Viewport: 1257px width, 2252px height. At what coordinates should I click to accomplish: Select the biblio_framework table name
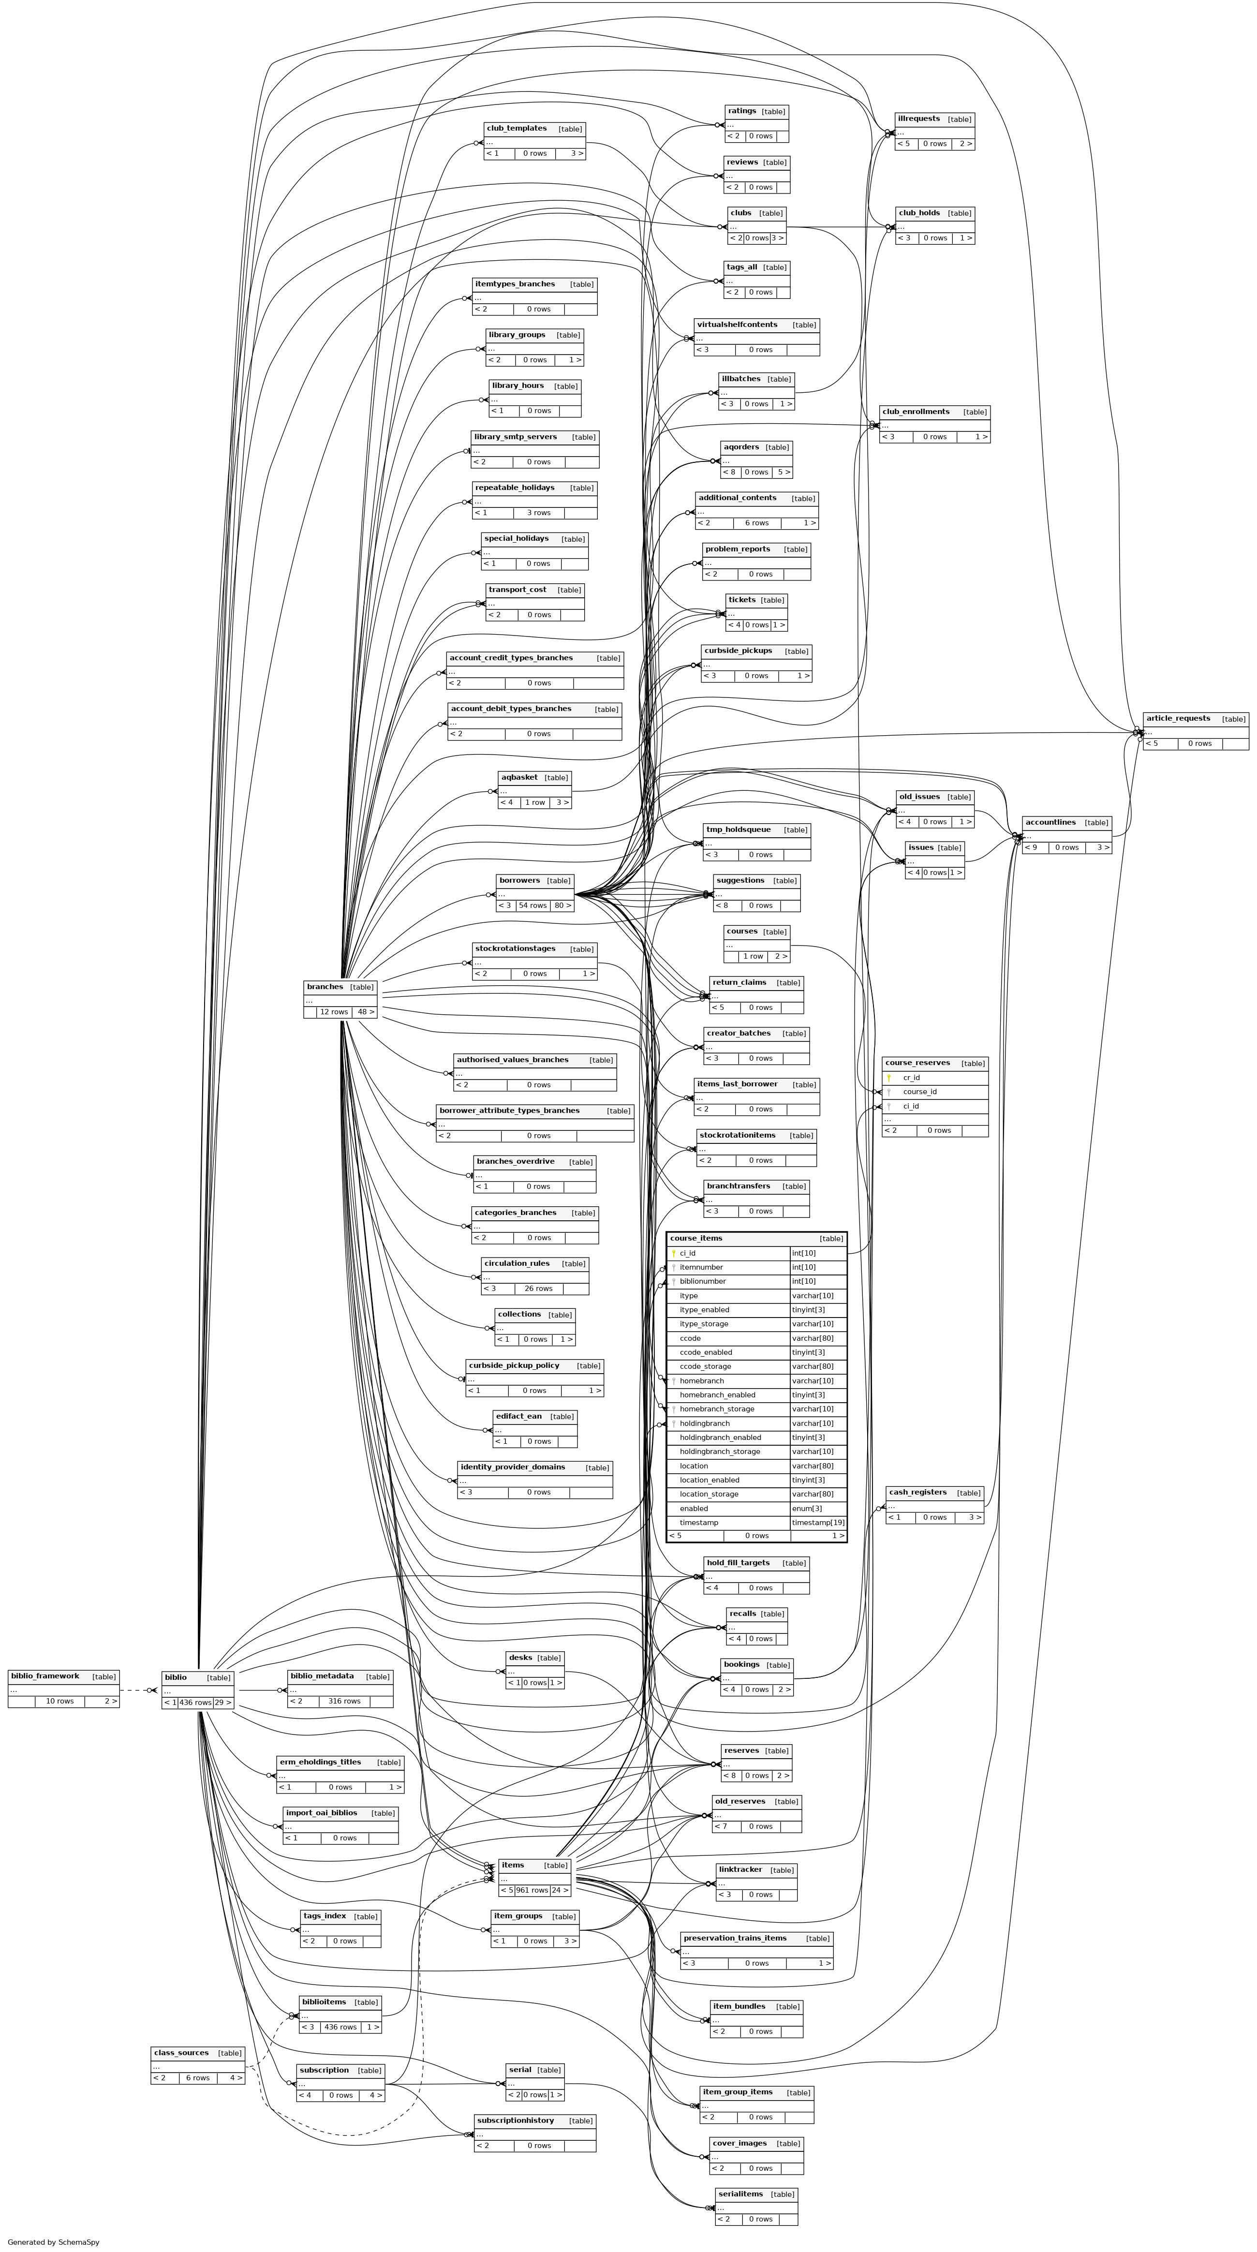[44, 1676]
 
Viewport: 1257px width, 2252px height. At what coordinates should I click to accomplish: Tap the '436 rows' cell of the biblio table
[195, 1702]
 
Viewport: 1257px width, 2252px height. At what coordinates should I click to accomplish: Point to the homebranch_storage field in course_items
[717, 1408]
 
